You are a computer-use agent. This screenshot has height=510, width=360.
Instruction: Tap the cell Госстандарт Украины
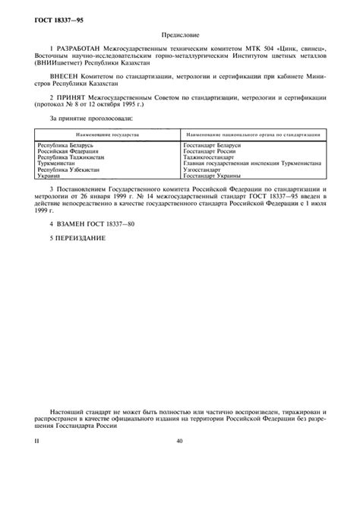click(213, 176)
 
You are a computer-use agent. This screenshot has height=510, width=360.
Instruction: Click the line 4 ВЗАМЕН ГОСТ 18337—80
click(87, 225)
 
